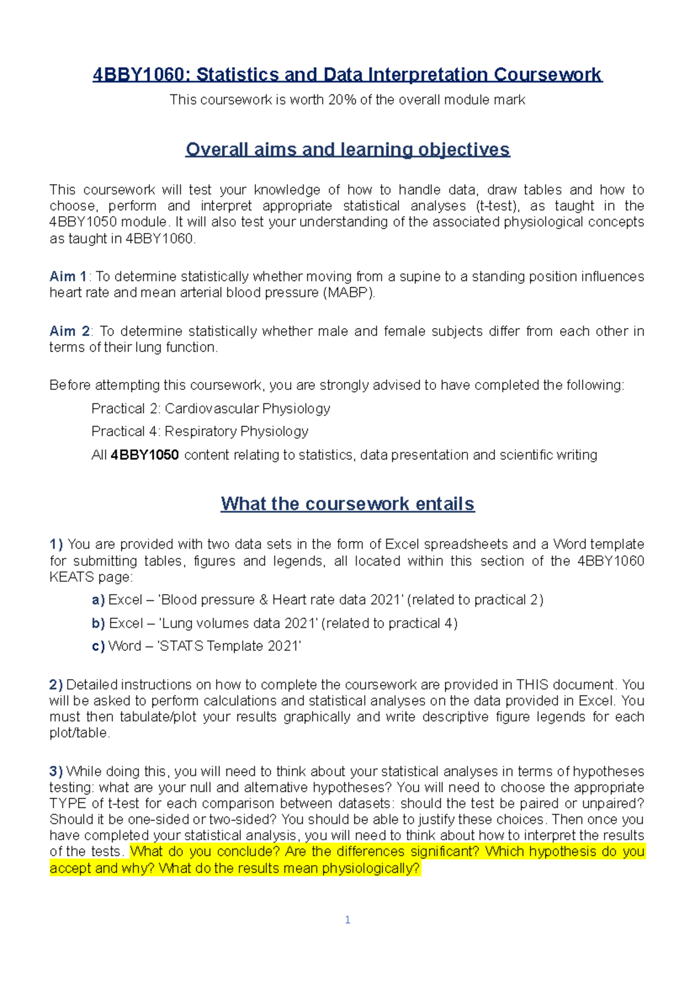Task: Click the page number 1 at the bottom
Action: [348, 920]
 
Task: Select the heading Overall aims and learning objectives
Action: [348, 150]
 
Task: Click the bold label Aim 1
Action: [68, 276]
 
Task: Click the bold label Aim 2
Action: [69, 331]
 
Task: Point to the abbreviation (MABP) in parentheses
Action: [349, 293]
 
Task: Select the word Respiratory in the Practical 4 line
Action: [200, 431]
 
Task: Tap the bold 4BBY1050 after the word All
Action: [145, 455]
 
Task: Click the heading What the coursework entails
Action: [348, 504]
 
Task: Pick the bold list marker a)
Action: [98, 600]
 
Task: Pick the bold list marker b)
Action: [98, 623]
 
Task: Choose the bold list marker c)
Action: [98, 646]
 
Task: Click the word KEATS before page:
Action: [72, 577]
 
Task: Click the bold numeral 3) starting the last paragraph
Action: [56, 771]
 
